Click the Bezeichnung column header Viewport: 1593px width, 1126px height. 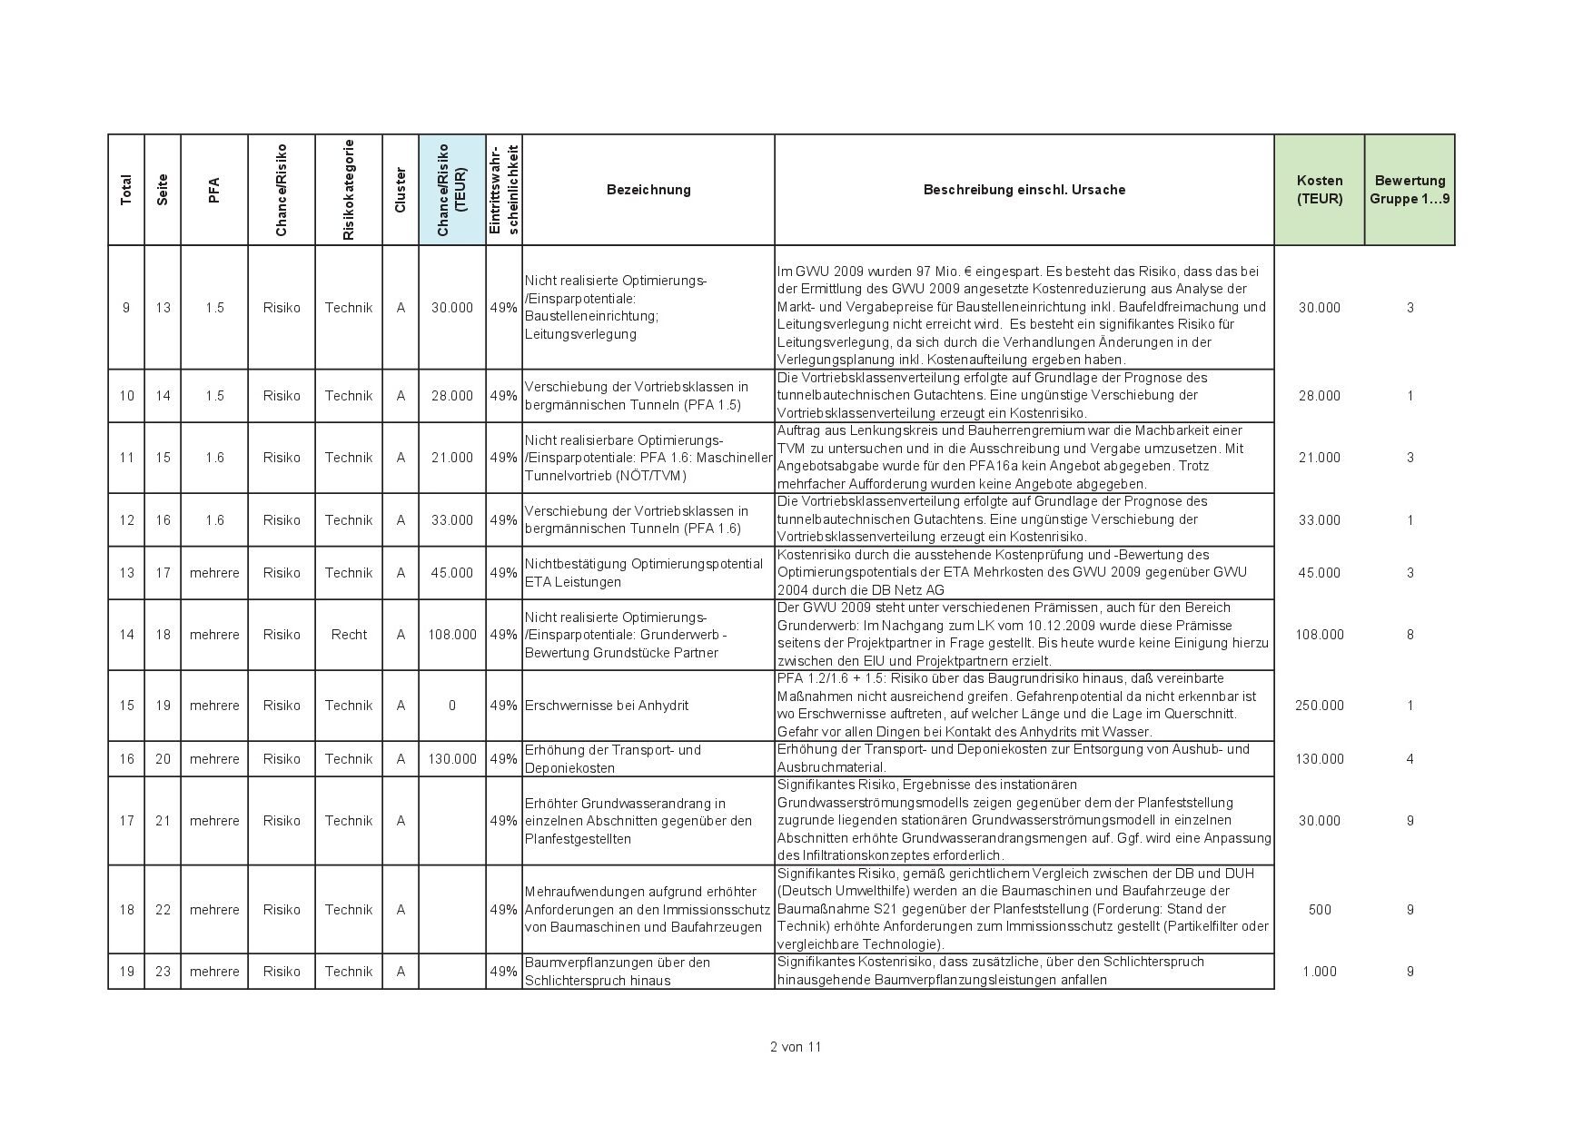[648, 190]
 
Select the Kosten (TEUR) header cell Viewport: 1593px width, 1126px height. [1319, 190]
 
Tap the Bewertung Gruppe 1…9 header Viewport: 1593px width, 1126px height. [1410, 190]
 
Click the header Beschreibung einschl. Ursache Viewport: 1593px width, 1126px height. [1024, 190]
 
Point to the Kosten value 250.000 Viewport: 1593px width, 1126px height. [1319, 706]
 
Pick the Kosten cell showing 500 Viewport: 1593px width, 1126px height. [1319, 910]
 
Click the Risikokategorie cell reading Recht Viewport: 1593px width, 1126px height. [349, 635]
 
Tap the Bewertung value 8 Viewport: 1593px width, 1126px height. [1410, 635]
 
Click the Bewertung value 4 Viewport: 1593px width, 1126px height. [1410, 759]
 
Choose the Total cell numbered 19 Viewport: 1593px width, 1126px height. [126, 972]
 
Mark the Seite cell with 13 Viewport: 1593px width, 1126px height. [163, 308]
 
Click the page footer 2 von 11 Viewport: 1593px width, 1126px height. [796, 1046]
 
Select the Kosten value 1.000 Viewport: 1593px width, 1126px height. [1319, 972]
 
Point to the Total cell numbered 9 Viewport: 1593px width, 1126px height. [126, 308]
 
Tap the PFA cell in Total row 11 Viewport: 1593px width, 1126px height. [214, 458]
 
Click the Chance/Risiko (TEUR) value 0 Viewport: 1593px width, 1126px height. [452, 706]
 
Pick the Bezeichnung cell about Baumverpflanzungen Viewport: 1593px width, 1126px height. [618, 972]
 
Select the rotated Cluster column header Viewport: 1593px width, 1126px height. [401, 190]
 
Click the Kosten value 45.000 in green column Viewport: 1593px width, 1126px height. [1319, 573]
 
